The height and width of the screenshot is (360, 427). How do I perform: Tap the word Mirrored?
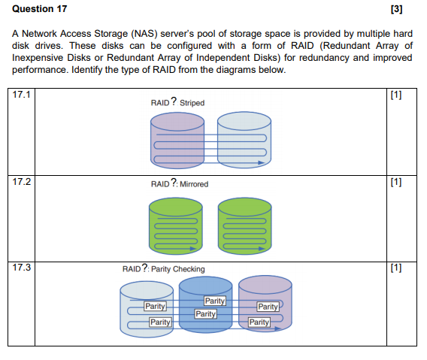coord(195,184)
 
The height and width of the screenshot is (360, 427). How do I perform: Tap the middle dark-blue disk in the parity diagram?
coord(206,308)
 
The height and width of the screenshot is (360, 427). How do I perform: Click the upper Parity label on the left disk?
coord(156,307)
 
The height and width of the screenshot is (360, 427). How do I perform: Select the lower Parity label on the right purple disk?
coord(259,322)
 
